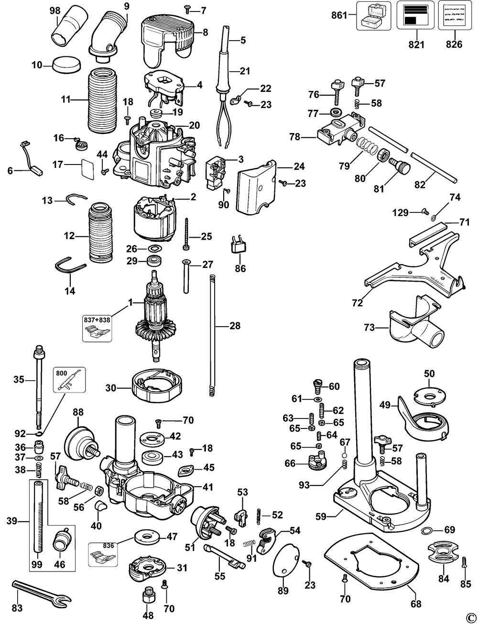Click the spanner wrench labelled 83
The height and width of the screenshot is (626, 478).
(41, 591)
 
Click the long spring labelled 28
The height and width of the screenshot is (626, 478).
(211, 335)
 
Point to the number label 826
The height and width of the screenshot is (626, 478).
(454, 44)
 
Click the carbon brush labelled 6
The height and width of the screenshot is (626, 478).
(33, 158)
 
